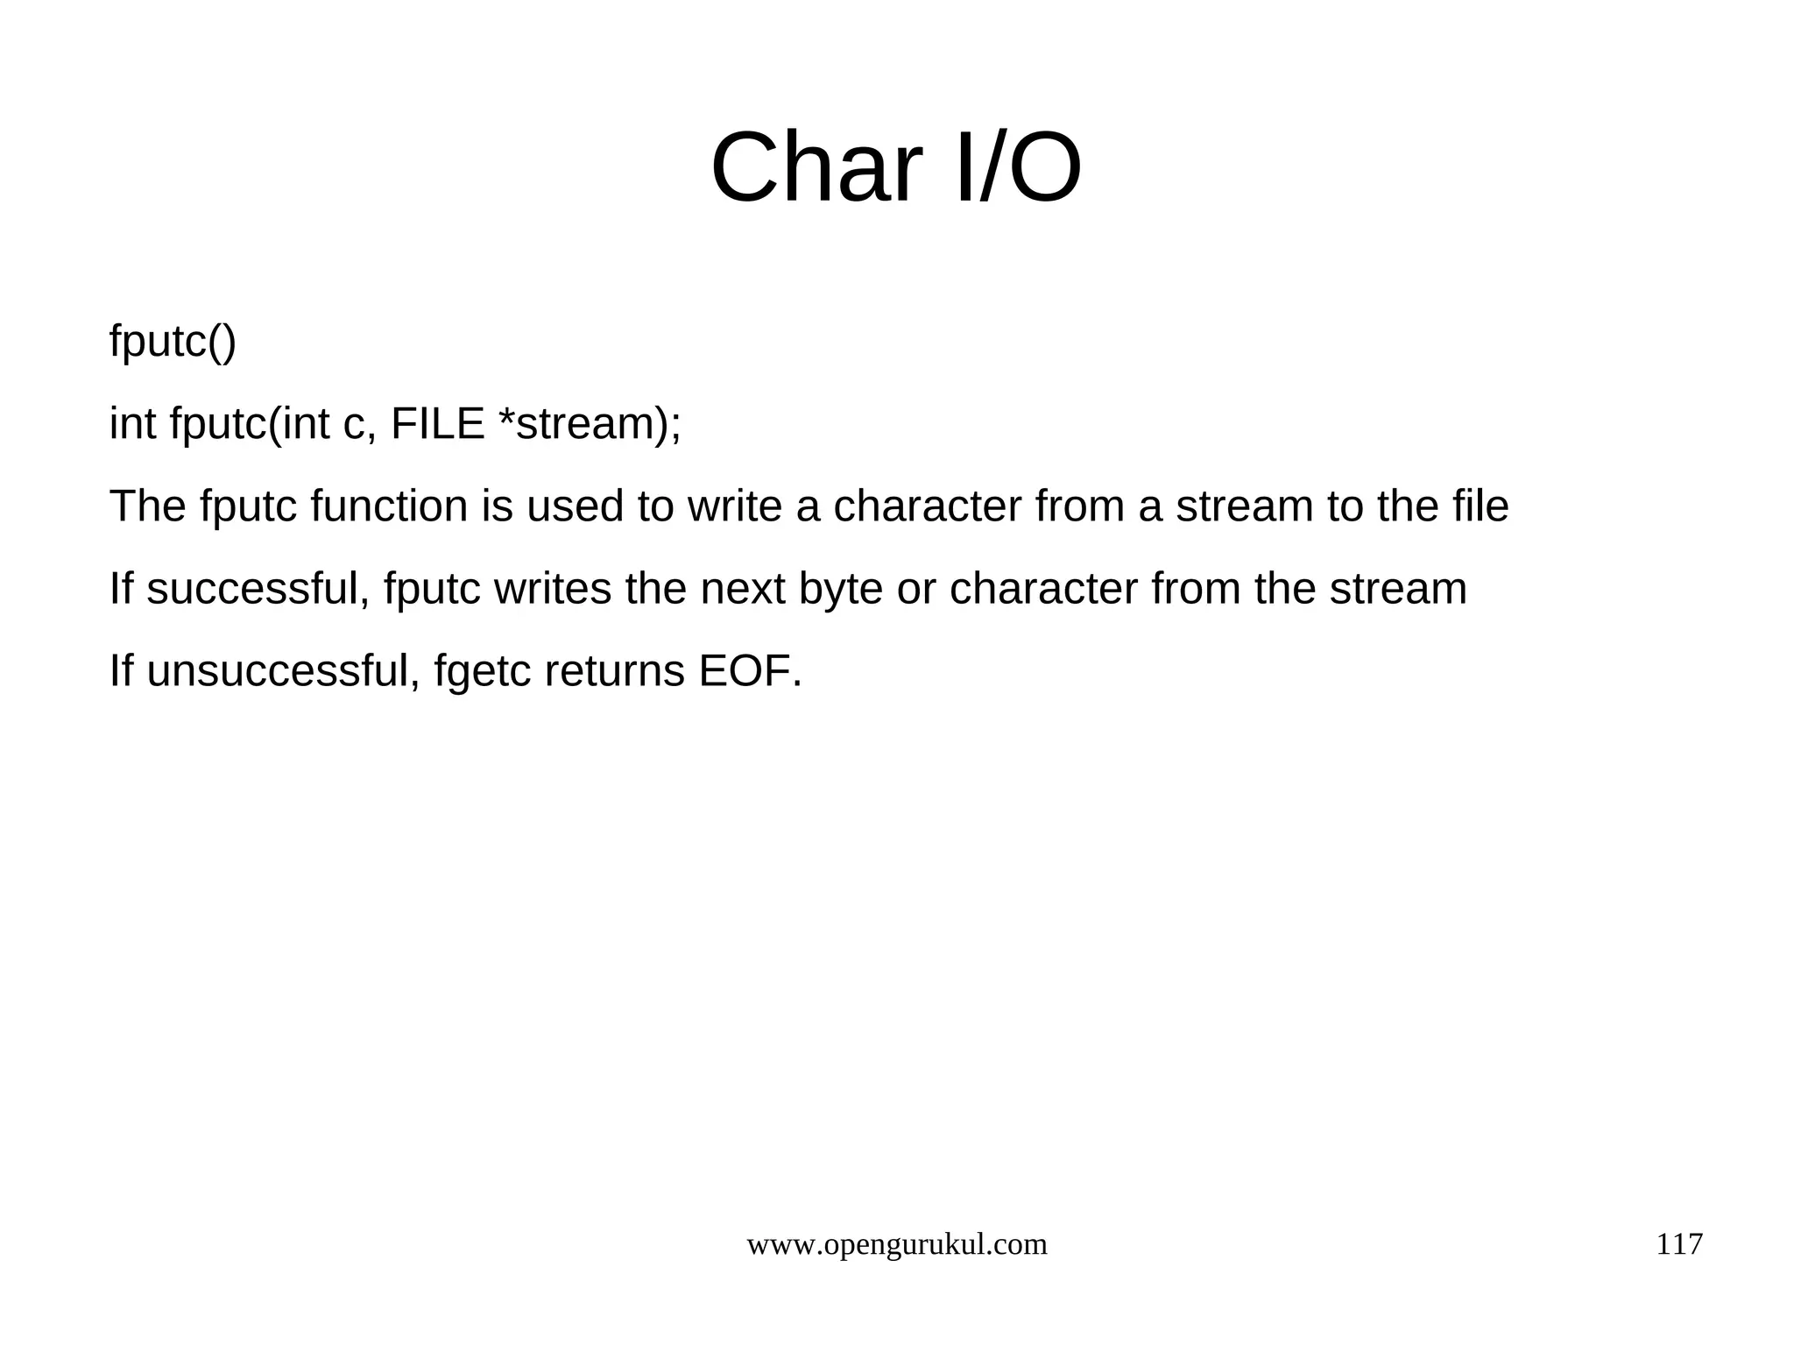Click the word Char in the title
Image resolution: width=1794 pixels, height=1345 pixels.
point(816,167)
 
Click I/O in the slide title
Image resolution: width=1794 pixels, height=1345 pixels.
point(1017,167)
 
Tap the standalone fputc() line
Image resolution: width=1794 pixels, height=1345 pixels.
point(173,341)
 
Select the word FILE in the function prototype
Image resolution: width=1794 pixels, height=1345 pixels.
point(437,424)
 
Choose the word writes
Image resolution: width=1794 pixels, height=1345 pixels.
point(553,589)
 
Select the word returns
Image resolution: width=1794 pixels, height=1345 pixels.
point(614,671)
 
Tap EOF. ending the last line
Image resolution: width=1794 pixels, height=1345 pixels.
point(750,671)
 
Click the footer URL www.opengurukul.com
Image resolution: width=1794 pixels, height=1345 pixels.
point(896,1244)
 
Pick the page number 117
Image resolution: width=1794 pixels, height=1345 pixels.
point(1678,1244)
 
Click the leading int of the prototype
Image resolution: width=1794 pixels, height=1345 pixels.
point(132,424)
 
